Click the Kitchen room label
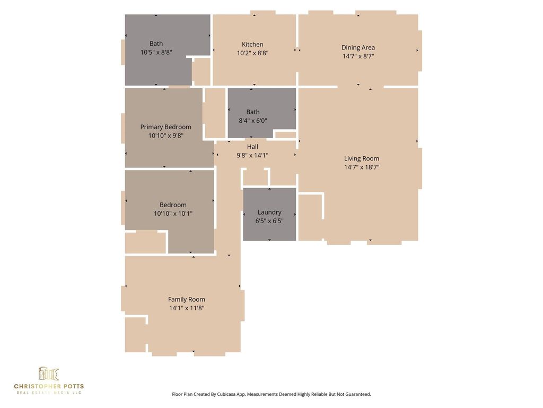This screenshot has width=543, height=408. click(252, 45)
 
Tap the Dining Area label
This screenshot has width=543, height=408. click(358, 47)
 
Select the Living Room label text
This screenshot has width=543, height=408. click(362, 158)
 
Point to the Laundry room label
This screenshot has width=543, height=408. click(269, 212)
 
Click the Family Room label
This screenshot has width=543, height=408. click(187, 300)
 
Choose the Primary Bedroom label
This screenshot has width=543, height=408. click(166, 127)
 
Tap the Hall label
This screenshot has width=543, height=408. click(252, 147)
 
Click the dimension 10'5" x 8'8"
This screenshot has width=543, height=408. click(156, 53)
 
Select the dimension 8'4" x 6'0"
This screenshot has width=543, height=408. click(253, 121)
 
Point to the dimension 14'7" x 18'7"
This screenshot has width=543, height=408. click(362, 167)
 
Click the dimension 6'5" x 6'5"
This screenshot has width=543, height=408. click(269, 221)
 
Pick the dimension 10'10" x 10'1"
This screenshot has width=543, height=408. click(173, 214)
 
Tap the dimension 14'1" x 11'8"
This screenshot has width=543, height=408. click(187, 308)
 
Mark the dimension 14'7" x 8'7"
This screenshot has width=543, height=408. click(358, 56)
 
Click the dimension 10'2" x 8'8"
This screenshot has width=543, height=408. click(253, 53)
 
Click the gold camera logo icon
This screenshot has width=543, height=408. click(48, 373)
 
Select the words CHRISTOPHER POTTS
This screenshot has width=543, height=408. click(49, 386)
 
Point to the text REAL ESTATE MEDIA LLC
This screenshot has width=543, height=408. click(49, 393)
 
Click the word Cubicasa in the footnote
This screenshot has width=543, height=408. click(225, 395)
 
